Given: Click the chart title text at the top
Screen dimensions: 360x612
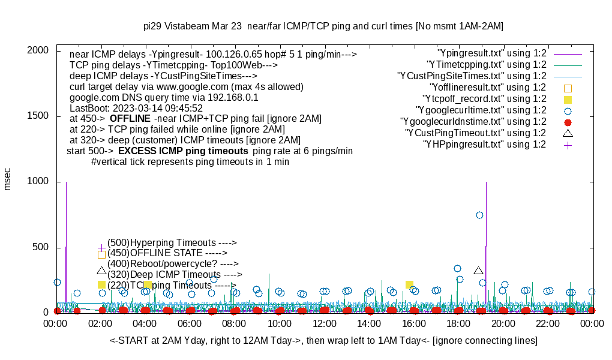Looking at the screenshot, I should [323, 26].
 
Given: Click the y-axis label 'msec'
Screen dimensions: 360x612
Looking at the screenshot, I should [8, 178].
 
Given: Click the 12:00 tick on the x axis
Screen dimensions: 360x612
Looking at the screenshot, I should [324, 323].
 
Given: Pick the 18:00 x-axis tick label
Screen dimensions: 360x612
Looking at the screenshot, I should [458, 323].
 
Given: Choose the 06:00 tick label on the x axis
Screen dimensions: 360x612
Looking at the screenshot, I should [190, 323].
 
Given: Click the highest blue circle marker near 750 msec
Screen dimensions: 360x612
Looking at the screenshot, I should [479, 215].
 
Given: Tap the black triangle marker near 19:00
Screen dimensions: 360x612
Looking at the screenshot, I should [478, 271].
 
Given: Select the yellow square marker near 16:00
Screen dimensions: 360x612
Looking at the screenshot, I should [409, 285].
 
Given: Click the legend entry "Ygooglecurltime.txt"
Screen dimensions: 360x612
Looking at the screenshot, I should [481, 110].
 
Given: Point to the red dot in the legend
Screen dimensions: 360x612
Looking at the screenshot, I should [568, 122].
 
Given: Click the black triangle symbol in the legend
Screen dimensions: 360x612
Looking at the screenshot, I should [568, 133].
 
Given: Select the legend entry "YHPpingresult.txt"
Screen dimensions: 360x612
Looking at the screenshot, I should [484, 145].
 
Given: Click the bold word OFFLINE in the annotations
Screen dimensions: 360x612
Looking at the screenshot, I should [130, 119].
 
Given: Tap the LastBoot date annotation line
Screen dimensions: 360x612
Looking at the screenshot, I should [136, 108].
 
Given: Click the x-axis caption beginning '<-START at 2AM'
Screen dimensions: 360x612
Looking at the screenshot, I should [323, 341].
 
